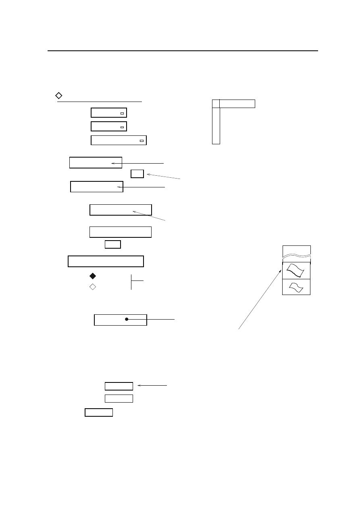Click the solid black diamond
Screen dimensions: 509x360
tap(92, 276)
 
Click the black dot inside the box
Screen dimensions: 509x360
tap(126, 319)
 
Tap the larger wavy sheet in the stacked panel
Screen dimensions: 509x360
tap(296, 270)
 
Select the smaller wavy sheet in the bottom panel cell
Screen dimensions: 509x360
tap(296, 287)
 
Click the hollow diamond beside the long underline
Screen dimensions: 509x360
tap(58, 96)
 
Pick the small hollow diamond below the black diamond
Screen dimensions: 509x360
tap(92, 287)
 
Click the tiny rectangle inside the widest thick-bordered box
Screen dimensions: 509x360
tap(141, 141)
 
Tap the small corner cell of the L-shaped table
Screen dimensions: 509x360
tap(216, 104)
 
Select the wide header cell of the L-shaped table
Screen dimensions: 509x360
tap(237, 104)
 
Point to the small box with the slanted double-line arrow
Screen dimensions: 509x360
tap(137, 174)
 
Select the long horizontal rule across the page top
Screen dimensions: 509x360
tap(183, 51)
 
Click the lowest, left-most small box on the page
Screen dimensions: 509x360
tap(99, 412)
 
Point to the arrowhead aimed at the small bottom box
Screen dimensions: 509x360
tap(139, 386)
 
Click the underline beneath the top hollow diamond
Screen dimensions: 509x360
tap(100, 102)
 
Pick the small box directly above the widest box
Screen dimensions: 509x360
tap(113, 244)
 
